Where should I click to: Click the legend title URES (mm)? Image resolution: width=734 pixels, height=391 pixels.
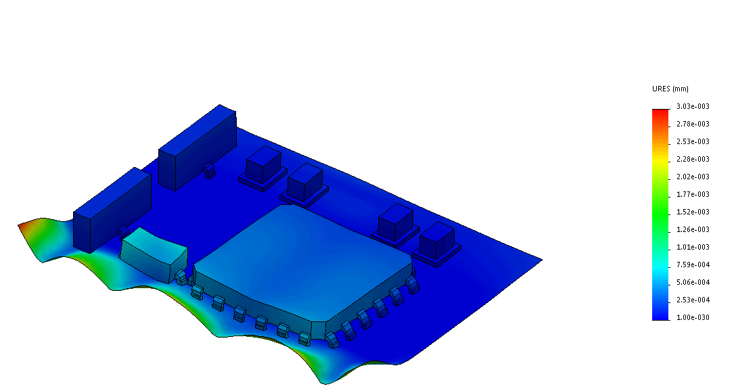[670, 89]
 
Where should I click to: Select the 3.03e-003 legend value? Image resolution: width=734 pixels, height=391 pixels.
[693, 106]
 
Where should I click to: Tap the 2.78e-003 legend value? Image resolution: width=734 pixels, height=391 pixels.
[693, 124]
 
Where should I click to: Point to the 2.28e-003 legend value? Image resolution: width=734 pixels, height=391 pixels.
[693, 159]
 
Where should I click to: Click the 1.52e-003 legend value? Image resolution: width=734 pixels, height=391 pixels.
[693, 212]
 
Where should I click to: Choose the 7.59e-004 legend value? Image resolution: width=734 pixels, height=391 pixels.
[693, 264]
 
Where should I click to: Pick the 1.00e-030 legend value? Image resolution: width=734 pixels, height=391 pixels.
[693, 317]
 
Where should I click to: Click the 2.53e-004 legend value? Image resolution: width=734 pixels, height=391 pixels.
[693, 300]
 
